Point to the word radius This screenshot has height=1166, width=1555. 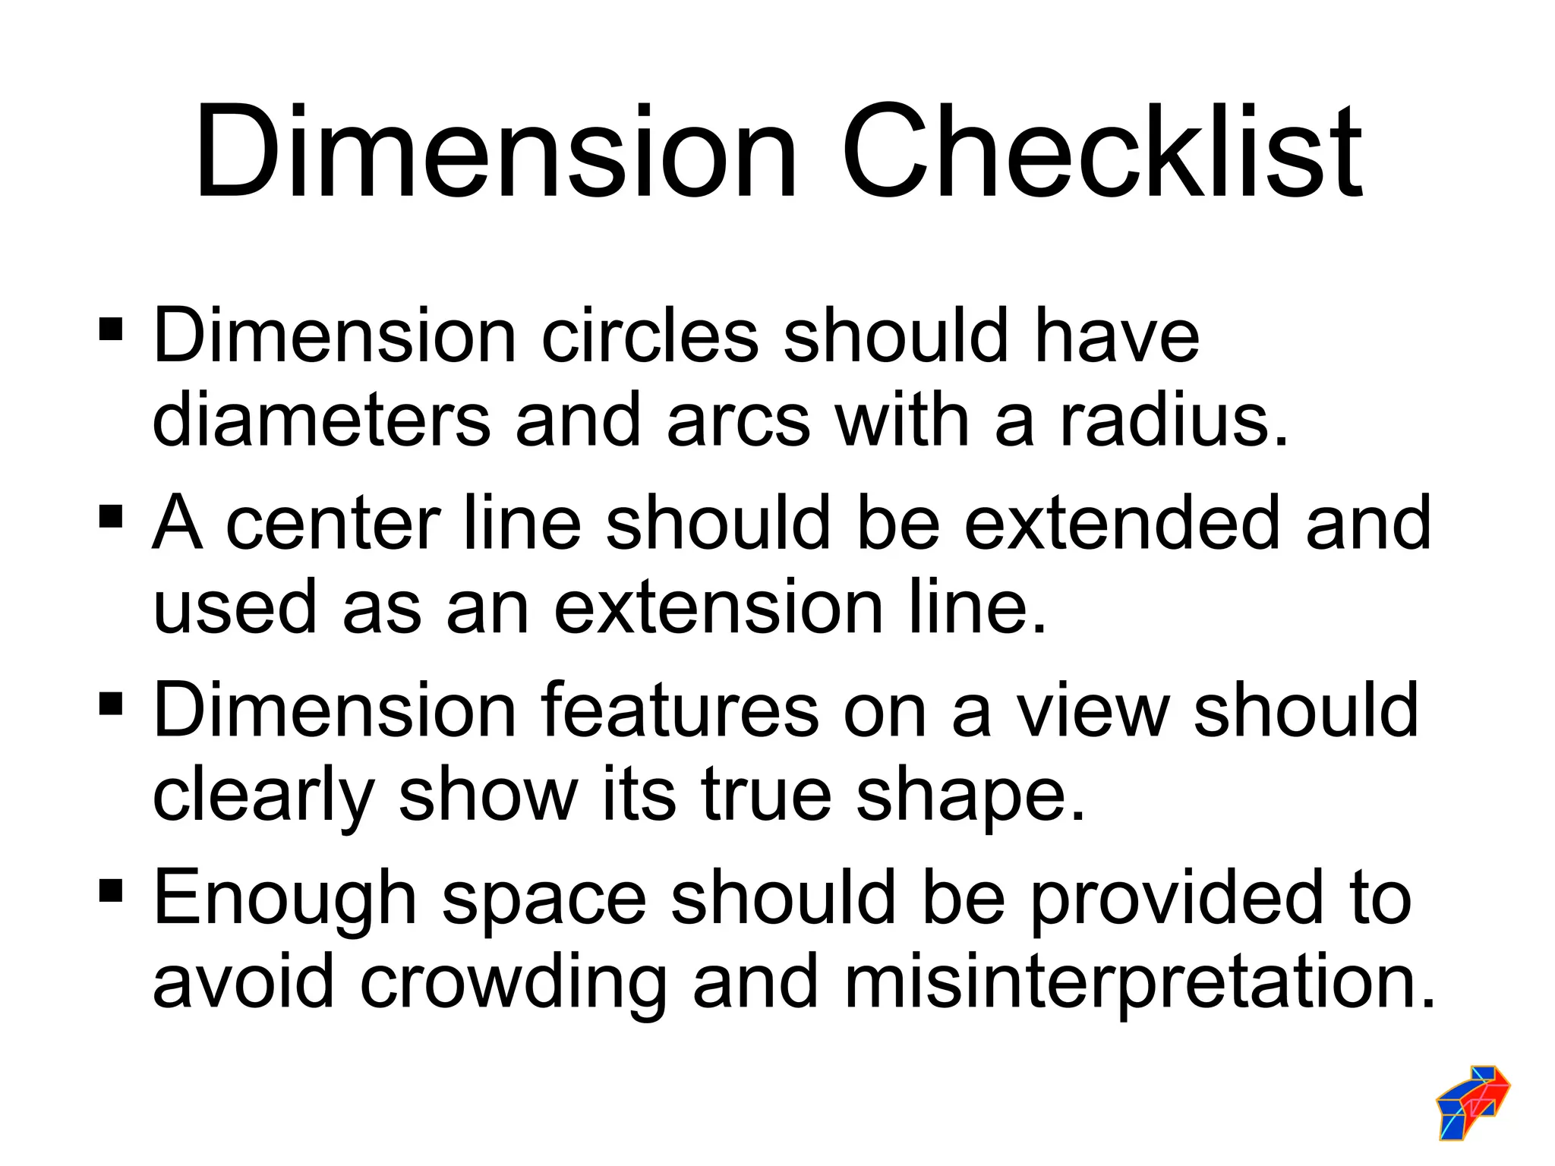coord(1173,420)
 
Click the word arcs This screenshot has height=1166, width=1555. coord(738,420)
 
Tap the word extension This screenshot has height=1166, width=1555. coord(719,607)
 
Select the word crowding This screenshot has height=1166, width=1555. coord(513,982)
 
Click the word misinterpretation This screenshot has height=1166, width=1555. coord(1139,982)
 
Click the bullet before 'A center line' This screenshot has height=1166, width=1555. coord(111,517)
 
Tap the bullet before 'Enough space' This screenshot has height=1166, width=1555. coord(111,889)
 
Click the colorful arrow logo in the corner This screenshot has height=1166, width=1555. coord(1472,1101)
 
